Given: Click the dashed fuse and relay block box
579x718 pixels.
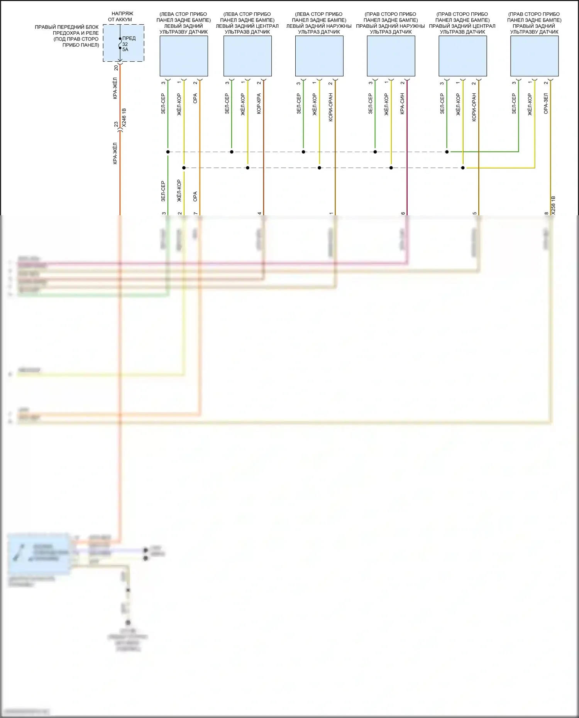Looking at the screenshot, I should [124, 43].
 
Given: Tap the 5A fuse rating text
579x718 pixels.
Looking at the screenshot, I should [125, 50].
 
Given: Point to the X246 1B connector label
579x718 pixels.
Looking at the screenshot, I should [124, 118].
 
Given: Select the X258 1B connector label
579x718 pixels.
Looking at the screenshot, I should [553, 205].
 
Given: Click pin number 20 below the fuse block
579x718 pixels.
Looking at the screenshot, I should [116, 68].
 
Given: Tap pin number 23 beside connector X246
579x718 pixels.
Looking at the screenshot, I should [116, 124].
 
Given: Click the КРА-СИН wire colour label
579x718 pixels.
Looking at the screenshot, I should [402, 104].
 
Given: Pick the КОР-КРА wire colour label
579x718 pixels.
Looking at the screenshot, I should [259, 104].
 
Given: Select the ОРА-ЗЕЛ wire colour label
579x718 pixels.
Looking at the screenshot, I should [546, 104].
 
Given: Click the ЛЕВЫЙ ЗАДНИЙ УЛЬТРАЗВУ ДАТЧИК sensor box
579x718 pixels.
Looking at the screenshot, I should [184, 56].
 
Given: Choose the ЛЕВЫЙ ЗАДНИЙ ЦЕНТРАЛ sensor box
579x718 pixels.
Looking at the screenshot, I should [247, 56].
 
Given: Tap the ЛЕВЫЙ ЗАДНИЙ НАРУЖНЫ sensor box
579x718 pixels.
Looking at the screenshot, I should [319, 56].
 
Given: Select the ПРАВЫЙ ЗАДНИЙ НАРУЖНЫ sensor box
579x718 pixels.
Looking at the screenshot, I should [391, 56].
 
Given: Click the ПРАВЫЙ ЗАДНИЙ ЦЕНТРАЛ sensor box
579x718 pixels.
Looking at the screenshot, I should [462, 56].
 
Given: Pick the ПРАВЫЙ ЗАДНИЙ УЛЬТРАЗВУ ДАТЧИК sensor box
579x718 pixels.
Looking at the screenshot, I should [534, 56].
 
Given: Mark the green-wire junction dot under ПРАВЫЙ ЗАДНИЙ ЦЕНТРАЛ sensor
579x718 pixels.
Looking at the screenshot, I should [447, 152].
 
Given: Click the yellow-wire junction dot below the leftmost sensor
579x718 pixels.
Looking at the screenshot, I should [184, 168].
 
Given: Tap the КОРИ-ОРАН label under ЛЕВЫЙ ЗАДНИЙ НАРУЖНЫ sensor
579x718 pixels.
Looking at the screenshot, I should [331, 108].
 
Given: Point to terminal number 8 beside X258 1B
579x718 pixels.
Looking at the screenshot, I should [547, 213].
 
